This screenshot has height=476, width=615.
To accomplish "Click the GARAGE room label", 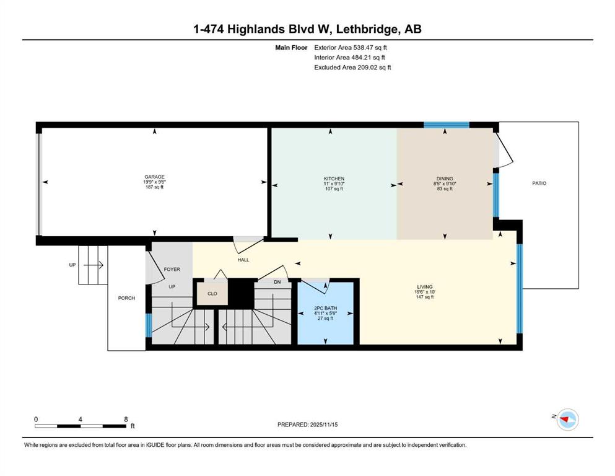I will tap(155, 177).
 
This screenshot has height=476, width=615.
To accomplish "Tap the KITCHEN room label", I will tap(334, 179).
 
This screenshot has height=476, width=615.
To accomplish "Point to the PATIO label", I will tap(539, 183).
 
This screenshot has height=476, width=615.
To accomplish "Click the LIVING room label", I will tap(424, 287).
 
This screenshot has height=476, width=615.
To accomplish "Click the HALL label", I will tap(243, 260).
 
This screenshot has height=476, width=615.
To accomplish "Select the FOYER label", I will tap(172, 270).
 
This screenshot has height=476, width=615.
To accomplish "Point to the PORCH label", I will tap(126, 298).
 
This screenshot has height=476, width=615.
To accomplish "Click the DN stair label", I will tap(277, 282).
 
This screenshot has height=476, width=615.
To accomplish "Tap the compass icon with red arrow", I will tap(567, 420).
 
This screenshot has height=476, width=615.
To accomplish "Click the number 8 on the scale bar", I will tap(126, 419).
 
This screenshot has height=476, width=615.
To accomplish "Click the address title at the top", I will tap(307, 29).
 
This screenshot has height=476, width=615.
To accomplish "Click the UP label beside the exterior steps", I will tap(72, 265).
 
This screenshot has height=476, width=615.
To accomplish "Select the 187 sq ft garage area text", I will tap(155, 187).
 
